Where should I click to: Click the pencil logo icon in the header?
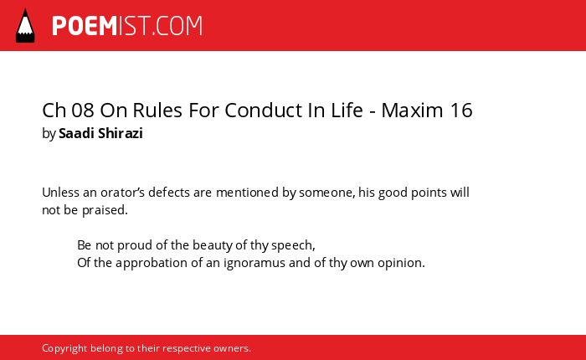coord(25,26)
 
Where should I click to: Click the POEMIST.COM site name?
coord(127,26)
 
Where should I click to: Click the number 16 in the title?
coord(461,111)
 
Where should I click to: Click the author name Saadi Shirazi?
coord(100,133)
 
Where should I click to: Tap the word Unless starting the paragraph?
coord(60,193)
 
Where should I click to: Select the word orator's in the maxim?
coord(122,193)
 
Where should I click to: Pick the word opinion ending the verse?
coord(401,263)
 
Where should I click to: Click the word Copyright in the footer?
coord(64,348)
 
